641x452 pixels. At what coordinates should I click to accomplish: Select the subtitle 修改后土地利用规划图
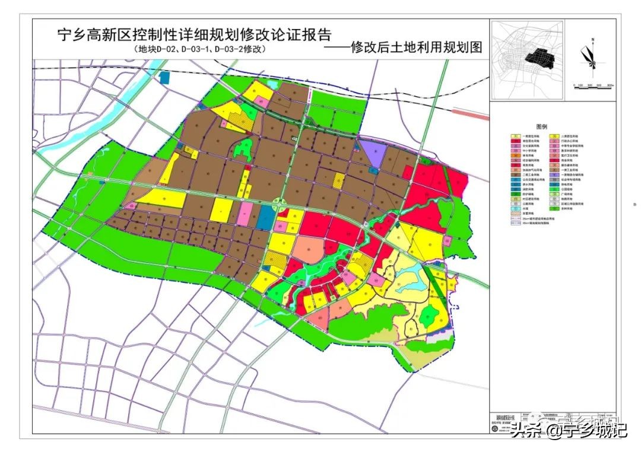point(404,47)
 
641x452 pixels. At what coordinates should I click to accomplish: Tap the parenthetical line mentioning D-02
point(199,50)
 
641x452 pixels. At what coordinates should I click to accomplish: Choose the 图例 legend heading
point(541,126)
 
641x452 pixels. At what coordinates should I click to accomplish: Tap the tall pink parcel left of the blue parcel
point(244,214)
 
